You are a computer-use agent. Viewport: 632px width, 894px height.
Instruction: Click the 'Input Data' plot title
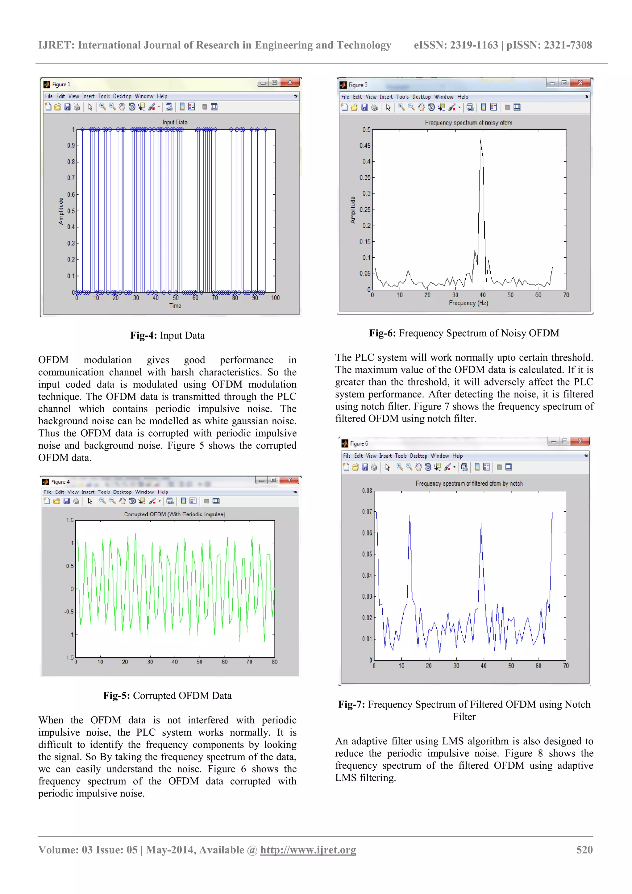point(175,122)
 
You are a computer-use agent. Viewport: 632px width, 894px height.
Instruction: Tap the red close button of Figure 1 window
point(290,82)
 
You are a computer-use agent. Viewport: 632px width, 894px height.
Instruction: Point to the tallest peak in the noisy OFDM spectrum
point(480,140)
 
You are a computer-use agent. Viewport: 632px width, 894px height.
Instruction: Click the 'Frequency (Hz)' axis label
point(468,303)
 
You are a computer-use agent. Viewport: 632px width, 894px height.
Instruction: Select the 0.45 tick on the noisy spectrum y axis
point(365,146)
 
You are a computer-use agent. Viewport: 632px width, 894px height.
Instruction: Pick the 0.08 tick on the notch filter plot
point(367,491)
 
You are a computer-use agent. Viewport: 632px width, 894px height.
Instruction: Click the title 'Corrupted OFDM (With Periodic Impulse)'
point(174,514)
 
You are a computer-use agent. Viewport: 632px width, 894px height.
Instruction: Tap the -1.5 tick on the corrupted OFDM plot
point(69,658)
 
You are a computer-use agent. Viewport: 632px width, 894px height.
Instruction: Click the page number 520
point(584,850)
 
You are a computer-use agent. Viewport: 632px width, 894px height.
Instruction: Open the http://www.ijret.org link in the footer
point(308,850)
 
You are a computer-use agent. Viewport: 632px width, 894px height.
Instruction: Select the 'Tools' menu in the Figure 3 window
point(402,97)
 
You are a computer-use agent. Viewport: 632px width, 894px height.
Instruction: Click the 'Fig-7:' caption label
point(351,705)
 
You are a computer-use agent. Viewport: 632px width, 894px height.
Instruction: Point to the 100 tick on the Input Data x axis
point(275,298)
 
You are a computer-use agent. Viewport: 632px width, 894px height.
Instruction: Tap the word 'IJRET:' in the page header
point(56,45)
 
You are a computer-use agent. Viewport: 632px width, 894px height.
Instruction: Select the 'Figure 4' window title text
point(60,482)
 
